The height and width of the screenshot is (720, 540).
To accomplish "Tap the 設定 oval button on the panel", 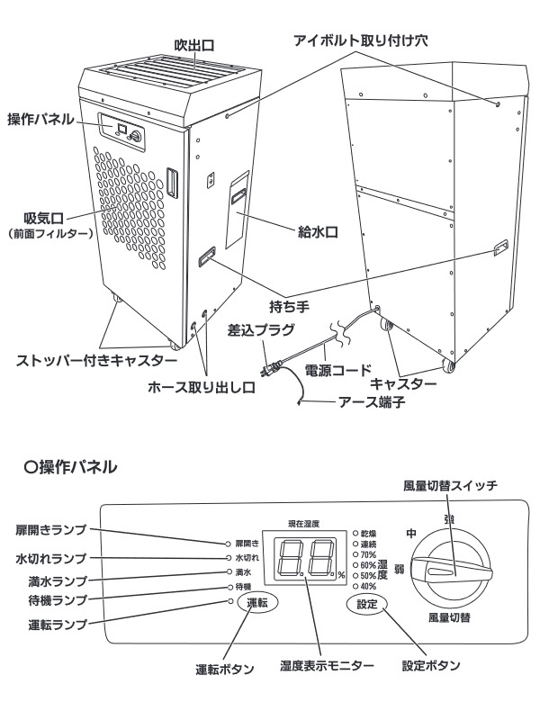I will tap(366, 603).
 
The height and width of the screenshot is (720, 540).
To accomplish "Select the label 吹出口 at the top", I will tap(193, 45).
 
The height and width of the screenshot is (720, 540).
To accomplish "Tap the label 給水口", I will tap(317, 231).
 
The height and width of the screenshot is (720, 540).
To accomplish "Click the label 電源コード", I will tap(337, 369).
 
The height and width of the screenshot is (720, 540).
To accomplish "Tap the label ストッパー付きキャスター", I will tap(97, 360).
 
